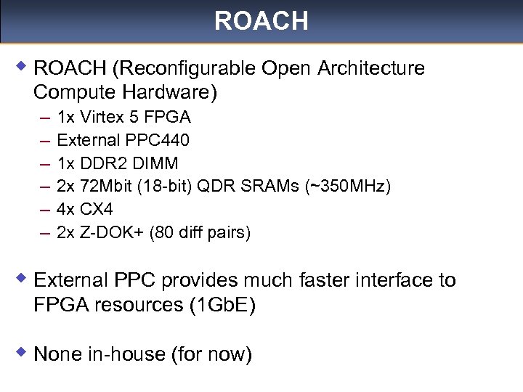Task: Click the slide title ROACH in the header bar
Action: (x=261, y=21)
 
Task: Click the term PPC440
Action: (x=158, y=140)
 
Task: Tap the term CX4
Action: (x=97, y=210)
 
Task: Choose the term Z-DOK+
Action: (x=106, y=233)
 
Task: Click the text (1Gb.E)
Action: (x=222, y=305)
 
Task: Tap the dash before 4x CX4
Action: (x=45, y=210)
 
